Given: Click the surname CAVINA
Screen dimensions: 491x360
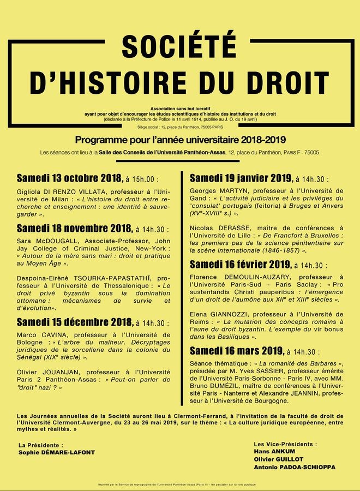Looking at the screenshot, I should [57, 335].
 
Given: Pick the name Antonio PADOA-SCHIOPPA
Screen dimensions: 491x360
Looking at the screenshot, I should [295, 468].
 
